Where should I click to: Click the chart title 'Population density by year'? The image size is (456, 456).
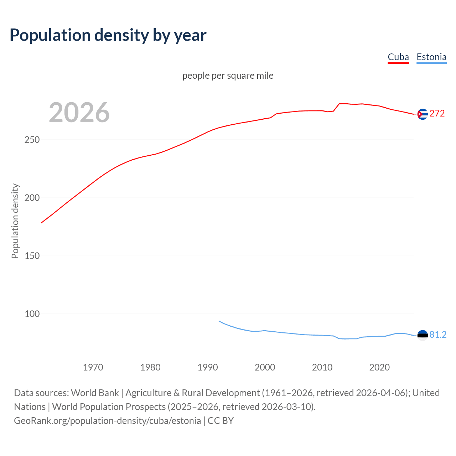tap(108, 35)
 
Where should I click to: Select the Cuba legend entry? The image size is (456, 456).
tap(398, 57)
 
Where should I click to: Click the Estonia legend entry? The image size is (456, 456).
tap(431, 57)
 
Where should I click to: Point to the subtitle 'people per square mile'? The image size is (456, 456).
tap(228, 76)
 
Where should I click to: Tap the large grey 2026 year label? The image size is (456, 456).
tap(79, 113)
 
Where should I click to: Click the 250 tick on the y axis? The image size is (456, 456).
tap(32, 140)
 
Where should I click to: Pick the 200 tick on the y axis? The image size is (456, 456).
tap(32, 198)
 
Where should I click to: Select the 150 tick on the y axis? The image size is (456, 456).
tap(32, 256)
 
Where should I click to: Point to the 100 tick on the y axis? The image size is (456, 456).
tap(32, 314)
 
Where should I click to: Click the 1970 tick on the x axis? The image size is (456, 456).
tap(93, 367)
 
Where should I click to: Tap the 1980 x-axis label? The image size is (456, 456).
tap(150, 367)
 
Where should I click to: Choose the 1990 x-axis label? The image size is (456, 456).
tap(208, 367)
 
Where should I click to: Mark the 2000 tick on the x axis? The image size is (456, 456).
tap(265, 367)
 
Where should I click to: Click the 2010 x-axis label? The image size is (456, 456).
tap(322, 367)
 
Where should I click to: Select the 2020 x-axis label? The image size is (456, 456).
tap(379, 367)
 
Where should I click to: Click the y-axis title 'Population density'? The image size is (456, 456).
tap(15, 221)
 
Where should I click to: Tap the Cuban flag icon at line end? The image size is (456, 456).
tap(423, 114)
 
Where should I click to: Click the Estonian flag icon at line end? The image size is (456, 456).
tap(423, 335)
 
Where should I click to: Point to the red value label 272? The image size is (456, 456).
tap(437, 114)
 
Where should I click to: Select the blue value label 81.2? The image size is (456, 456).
tap(438, 335)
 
